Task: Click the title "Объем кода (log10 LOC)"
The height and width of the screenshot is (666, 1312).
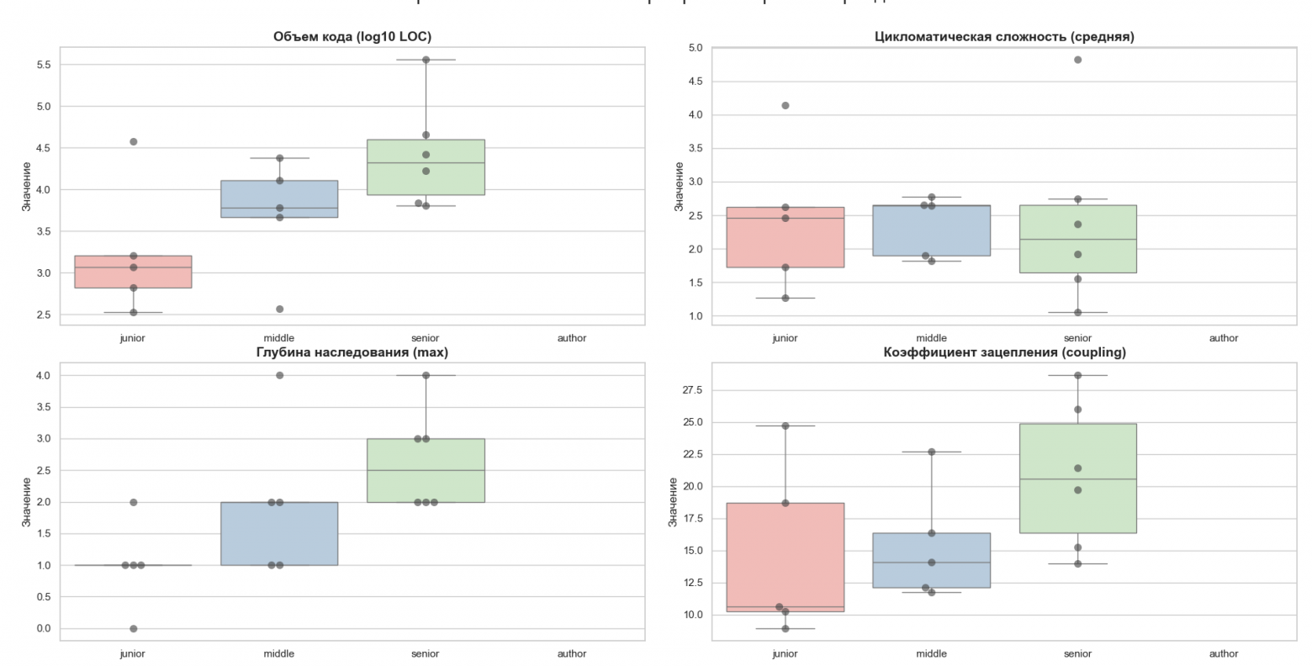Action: [352, 36]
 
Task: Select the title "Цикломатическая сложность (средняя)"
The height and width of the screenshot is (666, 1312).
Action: [1004, 36]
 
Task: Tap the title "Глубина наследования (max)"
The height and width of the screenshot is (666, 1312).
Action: [352, 352]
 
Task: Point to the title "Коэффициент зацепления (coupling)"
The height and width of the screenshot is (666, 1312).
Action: [1004, 352]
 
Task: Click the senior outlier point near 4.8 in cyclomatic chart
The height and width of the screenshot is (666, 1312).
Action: [1077, 60]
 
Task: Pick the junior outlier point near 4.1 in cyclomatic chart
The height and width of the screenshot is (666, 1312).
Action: [786, 106]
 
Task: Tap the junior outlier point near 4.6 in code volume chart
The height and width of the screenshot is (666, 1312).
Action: [133, 142]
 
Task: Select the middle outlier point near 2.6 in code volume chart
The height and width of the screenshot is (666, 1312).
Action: [279, 309]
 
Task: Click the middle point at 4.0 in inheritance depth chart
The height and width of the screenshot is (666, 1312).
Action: [279, 375]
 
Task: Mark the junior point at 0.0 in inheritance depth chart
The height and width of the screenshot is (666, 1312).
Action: [133, 629]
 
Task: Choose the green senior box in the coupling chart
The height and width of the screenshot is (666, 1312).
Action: [1077, 478]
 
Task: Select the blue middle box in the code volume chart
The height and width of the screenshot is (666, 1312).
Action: [279, 199]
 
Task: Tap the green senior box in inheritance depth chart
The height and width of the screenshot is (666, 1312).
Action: [426, 470]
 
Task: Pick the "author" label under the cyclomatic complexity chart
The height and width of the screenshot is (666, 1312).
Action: [1224, 338]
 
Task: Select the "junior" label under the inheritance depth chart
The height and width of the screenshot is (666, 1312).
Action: [133, 653]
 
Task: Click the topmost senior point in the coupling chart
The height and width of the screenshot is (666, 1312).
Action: [1077, 376]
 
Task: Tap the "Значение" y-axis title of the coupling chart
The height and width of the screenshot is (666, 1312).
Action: [673, 502]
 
